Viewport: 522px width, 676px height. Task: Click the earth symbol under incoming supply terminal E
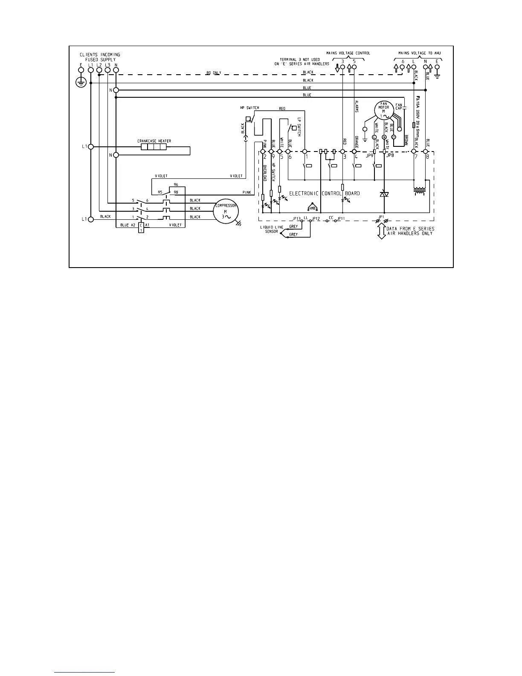(x=81, y=82)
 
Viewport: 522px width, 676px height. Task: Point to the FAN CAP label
(x=399, y=106)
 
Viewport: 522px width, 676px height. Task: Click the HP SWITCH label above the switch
(x=249, y=108)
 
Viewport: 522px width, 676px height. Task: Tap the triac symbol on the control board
(x=384, y=194)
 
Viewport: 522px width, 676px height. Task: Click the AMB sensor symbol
(x=312, y=207)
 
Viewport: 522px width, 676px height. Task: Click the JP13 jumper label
(x=297, y=219)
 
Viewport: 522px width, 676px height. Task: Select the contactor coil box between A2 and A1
(x=141, y=227)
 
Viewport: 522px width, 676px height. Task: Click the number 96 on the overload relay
(x=176, y=185)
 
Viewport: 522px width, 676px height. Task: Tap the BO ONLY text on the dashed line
(x=214, y=73)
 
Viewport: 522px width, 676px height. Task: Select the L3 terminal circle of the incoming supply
(x=107, y=70)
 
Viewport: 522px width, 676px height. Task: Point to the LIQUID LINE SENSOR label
(x=269, y=230)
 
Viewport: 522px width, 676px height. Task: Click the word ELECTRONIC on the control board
(x=304, y=193)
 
